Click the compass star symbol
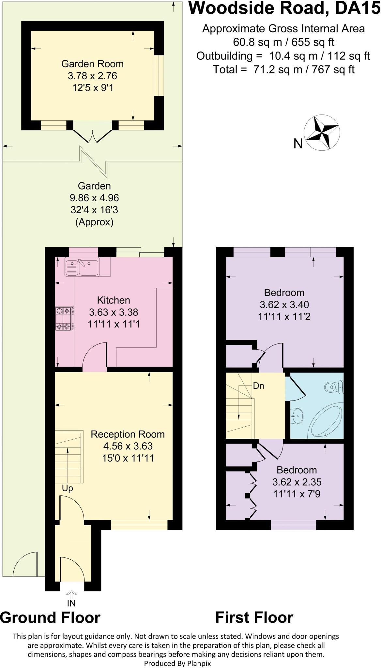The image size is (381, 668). (322, 133)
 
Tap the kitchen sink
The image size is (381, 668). (82, 267)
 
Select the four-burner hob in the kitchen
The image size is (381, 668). (64, 319)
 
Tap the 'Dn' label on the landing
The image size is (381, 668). (258, 386)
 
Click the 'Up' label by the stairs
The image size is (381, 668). (67, 488)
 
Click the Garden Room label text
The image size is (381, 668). (93, 64)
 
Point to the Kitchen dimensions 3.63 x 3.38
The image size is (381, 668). (114, 312)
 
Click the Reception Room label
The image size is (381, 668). (128, 434)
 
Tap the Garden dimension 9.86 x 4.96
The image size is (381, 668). (94, 198)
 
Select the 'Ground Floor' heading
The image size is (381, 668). (50, 618)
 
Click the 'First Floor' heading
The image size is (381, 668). (254, 618)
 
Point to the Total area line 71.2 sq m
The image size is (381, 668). (283, 69)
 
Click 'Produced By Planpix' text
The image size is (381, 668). (177, 663)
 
